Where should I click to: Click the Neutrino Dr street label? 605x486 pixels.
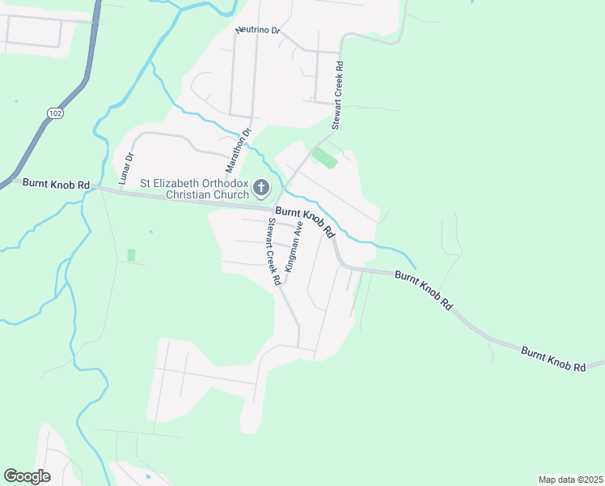(x=257, y=30)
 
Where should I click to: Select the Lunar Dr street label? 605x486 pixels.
(x=127, y=168)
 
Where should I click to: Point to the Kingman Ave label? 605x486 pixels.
(x=294, y=245)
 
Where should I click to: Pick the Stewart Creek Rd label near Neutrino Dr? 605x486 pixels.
(x=338, y=96)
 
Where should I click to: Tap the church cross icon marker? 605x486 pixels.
(x=261, y=189)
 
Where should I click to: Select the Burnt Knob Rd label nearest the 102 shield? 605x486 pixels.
(x=56, y=185)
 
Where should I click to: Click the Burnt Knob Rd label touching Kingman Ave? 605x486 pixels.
(x=305, y=221)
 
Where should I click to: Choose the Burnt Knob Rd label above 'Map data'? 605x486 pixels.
(x=552, y=359)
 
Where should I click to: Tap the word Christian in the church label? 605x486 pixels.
(x=188, y=194)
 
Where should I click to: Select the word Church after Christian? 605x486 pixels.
(x=231, y=194)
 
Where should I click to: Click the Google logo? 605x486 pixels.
(x=27, y=476)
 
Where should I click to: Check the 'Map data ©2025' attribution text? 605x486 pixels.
(x=570, y=479)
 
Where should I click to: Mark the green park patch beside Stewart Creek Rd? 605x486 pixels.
(x=324, y=157)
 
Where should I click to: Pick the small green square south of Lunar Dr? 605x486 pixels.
(x=131, y=255)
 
